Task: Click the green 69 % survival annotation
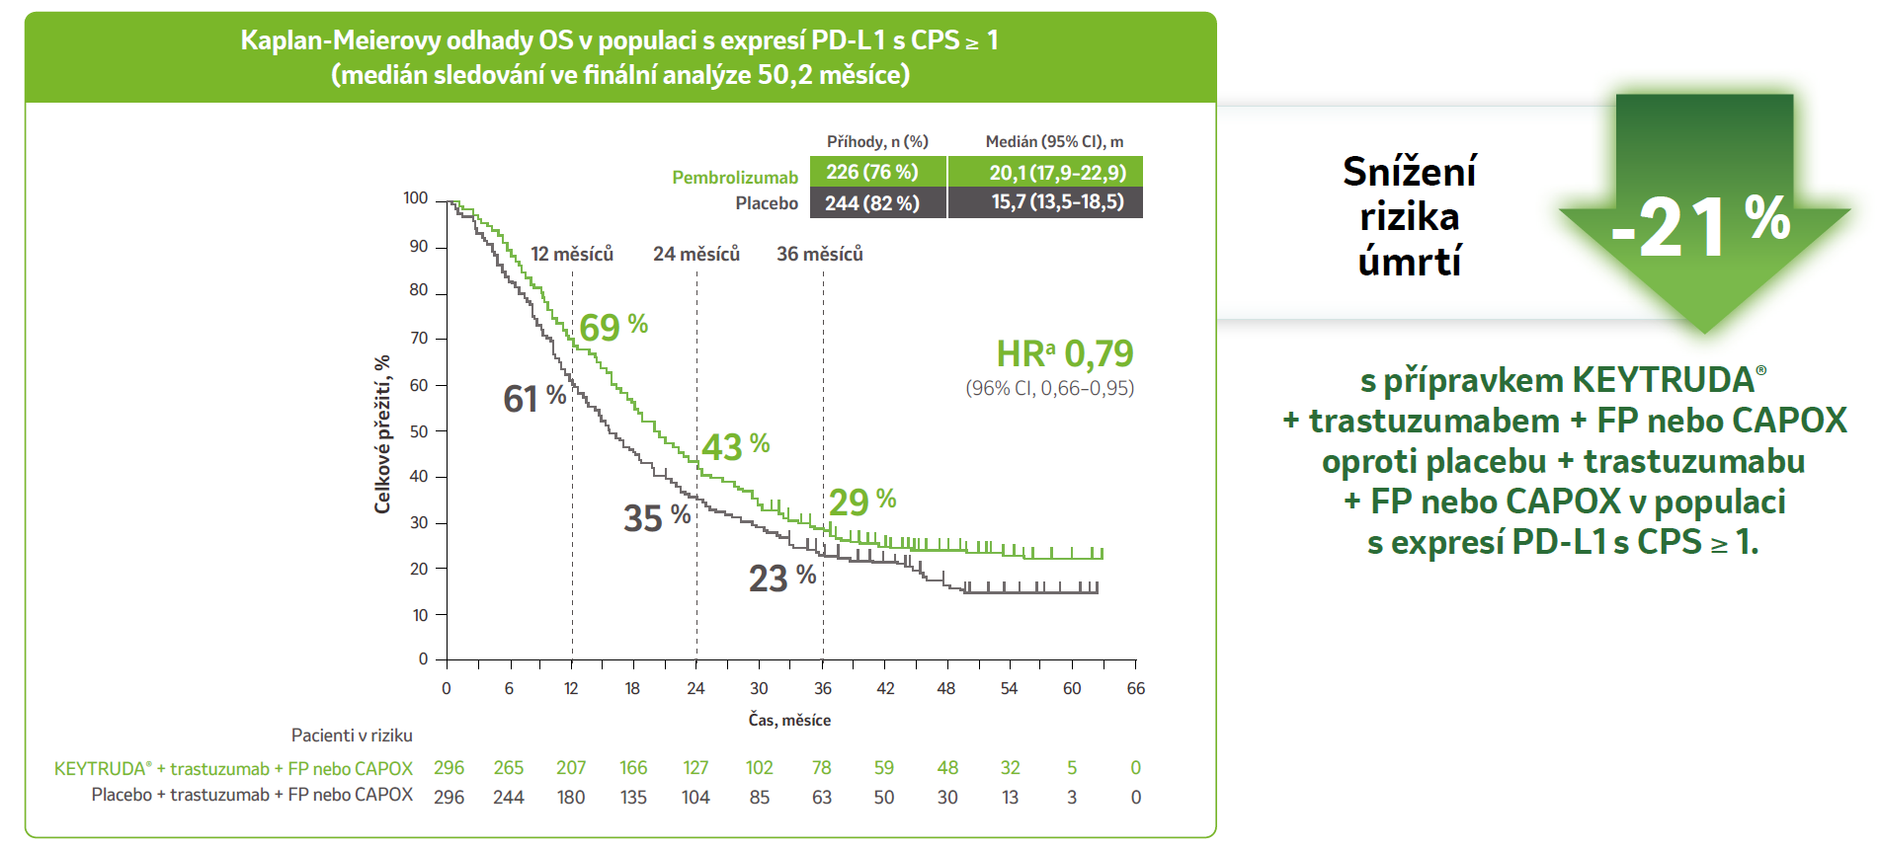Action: pyautogui.click(x=613, y=327)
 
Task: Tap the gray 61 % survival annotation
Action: pyautogui.click(x=534, y=399)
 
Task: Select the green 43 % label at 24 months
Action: pyautogui.click(x=735, y=447)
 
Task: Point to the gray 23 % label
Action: pyautogui.click(x=781, y=578)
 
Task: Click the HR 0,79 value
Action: pyautogui.click(x=1064, y=353)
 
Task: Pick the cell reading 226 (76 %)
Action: pyautogui.click(x=872, y=172)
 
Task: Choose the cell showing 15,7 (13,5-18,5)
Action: pyautogui.click(x=1057, y=202)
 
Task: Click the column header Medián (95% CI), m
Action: pyautogui.click(x=1054, y=141)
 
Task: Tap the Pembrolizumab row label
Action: pyautogui.click(x=734, y=178)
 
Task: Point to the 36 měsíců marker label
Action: pyautogui.click(x=819, y=255)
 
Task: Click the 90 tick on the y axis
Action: pyautogui.click(x=419, y=246)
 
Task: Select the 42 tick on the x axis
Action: pyautogui.click(x=885, y=688)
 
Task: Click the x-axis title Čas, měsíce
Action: pyautogui.click(x=789, y=720)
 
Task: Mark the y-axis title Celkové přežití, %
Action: pyautogui.click(x=382, y=434)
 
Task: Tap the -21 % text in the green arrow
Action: pyautogui.click(x=1700, y=226)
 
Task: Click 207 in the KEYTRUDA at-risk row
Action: pyautogui.click(x=571, y=768)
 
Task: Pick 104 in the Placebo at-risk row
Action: pyautogui.click(x=695, y=798)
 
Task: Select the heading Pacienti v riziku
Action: pyautogui.click(x=352, y=735)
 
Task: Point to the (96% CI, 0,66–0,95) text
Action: pyautogui.click(x=1049, y=388)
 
